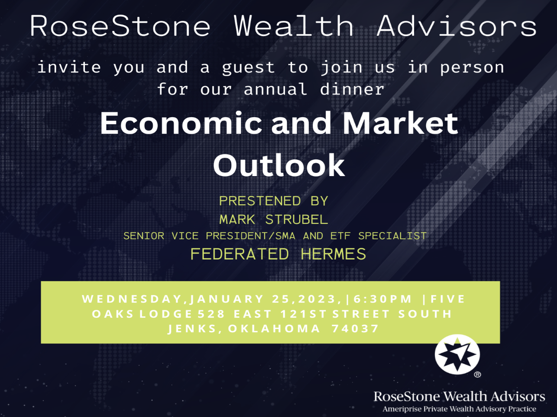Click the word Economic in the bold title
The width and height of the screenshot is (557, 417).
pyautogui.click(x=181, y=123)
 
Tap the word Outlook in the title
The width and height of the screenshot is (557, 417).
pyautogui.click(x=279, y=165)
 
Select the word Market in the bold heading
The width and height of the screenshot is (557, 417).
pyautogui.click(x=401, y=123)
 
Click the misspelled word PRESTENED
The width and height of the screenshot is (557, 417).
pyautogui.click(x=260, y=201)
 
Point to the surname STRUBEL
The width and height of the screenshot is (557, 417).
pyautogui.click(x=297, y=219)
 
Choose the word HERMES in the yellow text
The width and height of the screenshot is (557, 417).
pyautogui.click(x=333, y=254)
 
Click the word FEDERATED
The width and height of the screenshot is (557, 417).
pyautogui.click(x=240, y=254)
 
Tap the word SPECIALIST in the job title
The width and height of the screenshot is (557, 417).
pyautogui.click(x=392, y=236)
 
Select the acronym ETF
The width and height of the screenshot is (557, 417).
pyautogui.click(x=340, y=236)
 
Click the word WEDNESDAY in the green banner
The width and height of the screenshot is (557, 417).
pyautogui.click(x=132, y=299)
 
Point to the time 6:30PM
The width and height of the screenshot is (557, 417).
pyautogui.click(x=382, y=299)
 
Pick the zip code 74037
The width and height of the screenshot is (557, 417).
pyautogui.click(x=355, y=329)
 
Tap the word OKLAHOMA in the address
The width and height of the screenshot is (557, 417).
pyautogui.click(x=274, y=329)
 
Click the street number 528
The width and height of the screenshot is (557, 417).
pyautogui.click(x=211, y=314)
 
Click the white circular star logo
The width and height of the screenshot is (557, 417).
pyautogui.click(x=457, y=354)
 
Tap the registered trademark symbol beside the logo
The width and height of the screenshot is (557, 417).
pyautogui.click(x=477, y=374)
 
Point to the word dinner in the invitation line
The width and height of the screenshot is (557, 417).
pyautogui.click(x=352, y=89)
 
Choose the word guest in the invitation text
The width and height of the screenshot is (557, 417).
pyautogui.click(x=248, y=68)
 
